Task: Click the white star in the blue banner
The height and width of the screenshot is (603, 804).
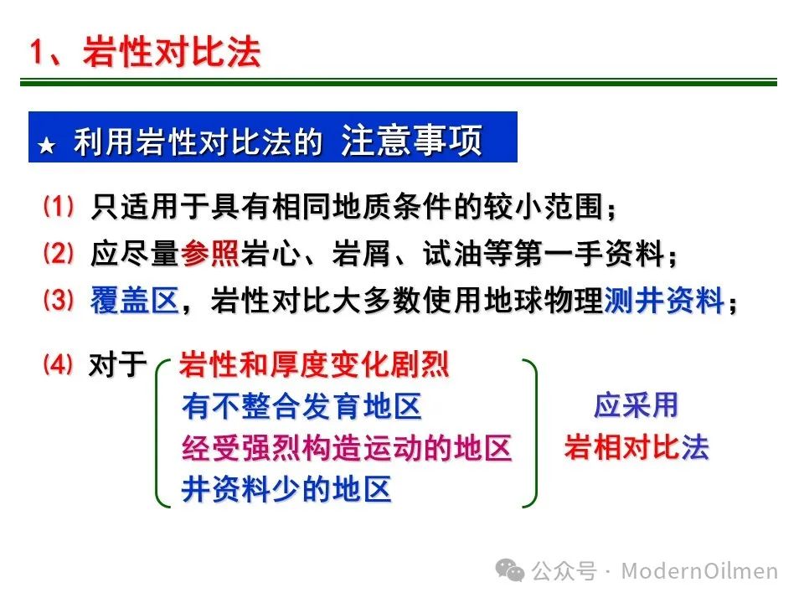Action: pos(47,146)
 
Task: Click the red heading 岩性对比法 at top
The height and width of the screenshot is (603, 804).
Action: pos(172,52)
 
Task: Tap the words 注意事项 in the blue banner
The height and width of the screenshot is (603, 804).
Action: pos(412,140)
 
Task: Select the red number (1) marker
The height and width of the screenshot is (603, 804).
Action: pos(59,207)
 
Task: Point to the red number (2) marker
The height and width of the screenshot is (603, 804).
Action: pos(59,253)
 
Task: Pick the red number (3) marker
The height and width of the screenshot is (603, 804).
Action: pos(59,300)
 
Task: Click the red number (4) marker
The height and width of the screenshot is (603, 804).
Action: pos(59,364)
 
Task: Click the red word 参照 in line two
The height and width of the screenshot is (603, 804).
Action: pos(209,253)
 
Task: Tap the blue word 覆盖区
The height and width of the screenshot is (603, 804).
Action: pos(135,300)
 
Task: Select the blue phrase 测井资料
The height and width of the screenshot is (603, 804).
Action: pos(664,300)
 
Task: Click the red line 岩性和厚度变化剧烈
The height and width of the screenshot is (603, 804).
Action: pos(314,364)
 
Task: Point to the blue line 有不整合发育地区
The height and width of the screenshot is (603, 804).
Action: pos(301,406)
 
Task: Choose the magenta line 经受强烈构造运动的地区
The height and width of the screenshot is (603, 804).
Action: pos(347,447)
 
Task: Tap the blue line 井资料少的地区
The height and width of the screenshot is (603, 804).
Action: pos(286,489)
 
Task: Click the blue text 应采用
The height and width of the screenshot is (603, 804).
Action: pos(636,405)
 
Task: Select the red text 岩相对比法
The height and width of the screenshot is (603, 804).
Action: pos(636,447)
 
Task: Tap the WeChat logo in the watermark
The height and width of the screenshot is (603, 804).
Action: pos(510,570)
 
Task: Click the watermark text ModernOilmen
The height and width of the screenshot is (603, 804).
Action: pos(699,571)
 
